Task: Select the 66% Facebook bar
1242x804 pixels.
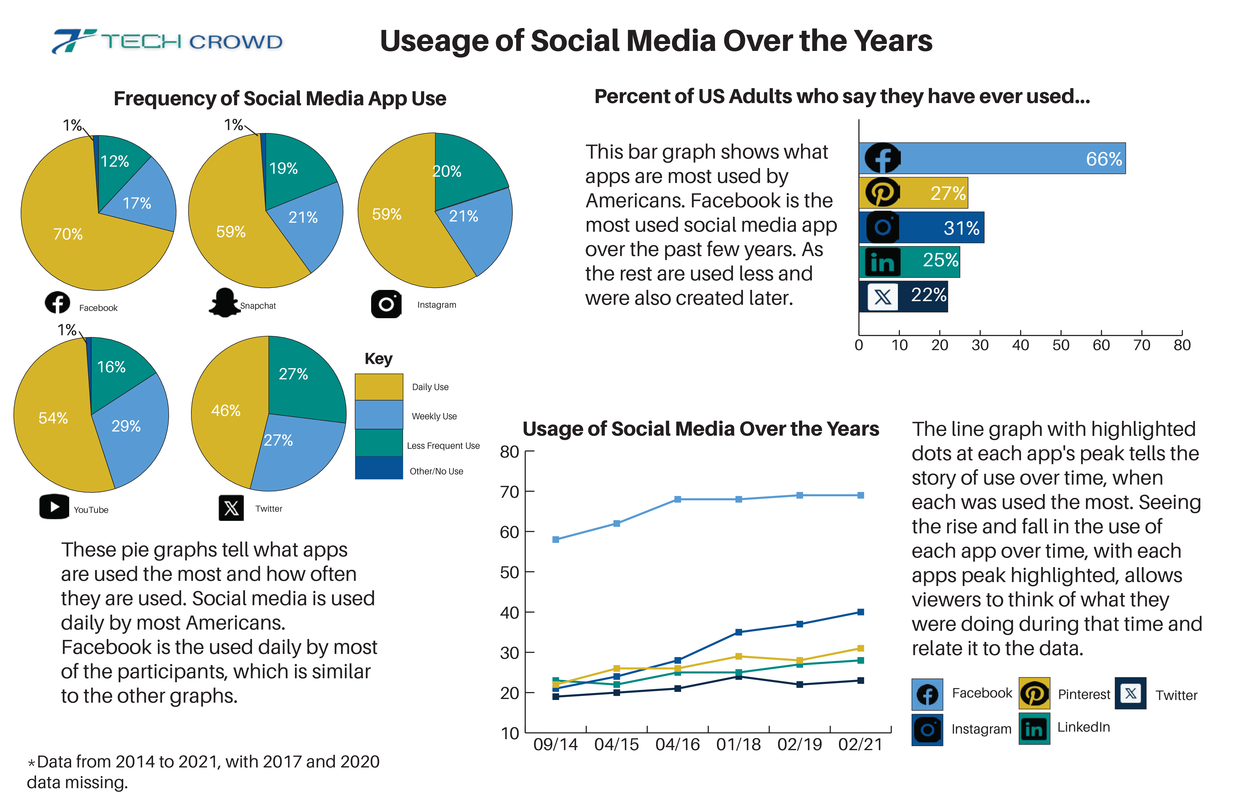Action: click(x=991, y=158)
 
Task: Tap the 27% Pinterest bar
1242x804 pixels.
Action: click(x=913, y=193)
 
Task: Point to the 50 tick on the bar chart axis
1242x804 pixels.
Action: click(x=1060, y=345)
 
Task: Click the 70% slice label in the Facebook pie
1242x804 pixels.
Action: click(x=68, y=234)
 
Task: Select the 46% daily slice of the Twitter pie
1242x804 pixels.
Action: click(x=226, y=410)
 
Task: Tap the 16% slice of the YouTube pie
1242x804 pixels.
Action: click(x=111, y=367)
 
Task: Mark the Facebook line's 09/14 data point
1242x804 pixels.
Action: click(x=556, y=539)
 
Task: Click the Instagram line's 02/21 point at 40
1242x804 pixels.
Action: click(x=861, y=612)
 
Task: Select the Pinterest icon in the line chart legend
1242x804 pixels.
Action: click(x=1034, y=694)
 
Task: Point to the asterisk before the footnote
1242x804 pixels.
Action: click(x=31, y=763)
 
